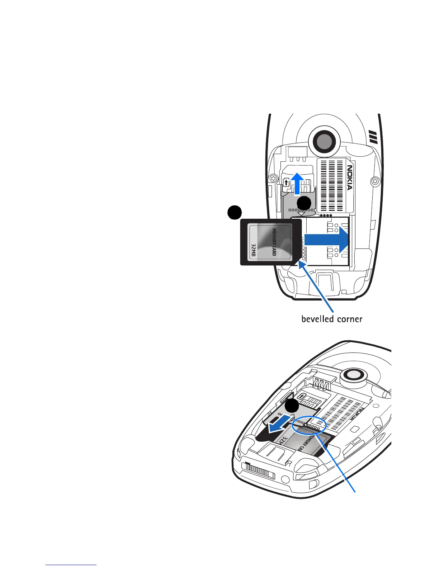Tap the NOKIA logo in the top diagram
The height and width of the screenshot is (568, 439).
[x=349, y=177]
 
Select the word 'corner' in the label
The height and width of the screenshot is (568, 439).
[x=350, y=319]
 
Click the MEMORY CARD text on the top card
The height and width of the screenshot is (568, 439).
[x=274, y=242]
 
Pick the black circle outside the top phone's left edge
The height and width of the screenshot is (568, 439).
[x=234, y=213]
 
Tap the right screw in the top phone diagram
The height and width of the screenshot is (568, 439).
[x=375, y=181]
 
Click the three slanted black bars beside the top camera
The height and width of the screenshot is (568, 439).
[x=373, y=137]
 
